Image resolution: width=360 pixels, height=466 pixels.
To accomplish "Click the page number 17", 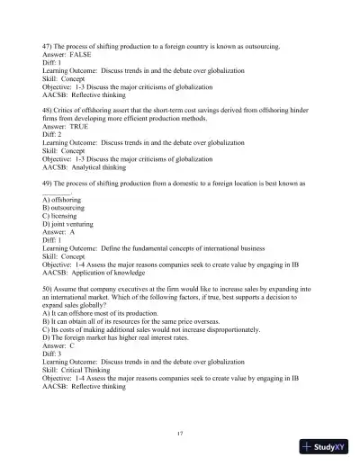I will [x=181, y=433].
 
